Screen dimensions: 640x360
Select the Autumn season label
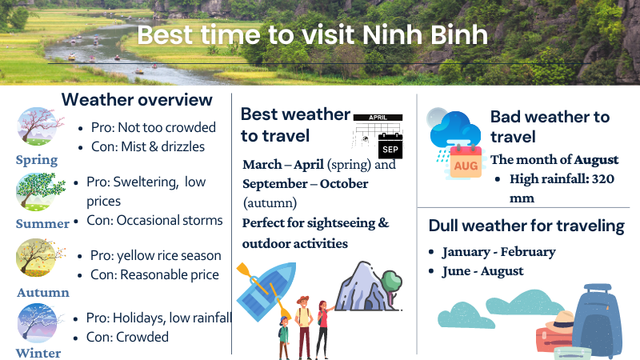tap(43, 293)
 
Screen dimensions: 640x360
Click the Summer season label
tap(42, 224)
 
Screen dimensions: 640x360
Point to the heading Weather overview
tap(137, 99)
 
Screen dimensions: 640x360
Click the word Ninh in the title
tap(393, 34)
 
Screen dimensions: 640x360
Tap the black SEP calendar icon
tap(390, 146)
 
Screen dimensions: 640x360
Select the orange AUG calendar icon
tap(466, 162)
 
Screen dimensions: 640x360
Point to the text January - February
tap(498, 252)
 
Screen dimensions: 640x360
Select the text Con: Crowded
tap(127, 337)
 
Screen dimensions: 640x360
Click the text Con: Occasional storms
tap(154, 221)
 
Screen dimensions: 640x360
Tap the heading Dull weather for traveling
tap(526, 226)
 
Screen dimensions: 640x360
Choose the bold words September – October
tap(306, 184)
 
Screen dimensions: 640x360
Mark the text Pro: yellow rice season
tap(155, 256)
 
